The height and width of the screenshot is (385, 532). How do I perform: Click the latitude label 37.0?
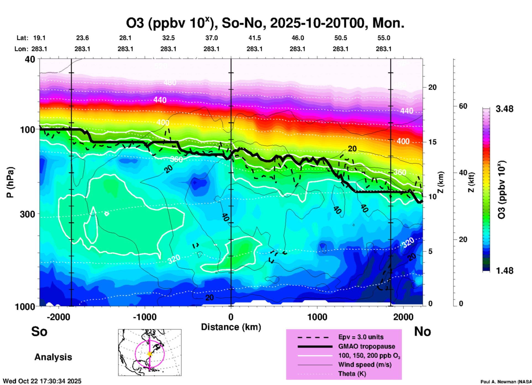click(x=211, y=38)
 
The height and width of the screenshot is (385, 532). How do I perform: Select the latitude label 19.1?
click(x=39, y=38)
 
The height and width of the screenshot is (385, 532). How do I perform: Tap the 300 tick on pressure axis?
click(x=28, y=214)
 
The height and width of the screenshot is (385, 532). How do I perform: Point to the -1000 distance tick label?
click(x=144, y=317)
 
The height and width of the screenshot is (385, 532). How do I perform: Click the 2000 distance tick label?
click(x=403, y=317)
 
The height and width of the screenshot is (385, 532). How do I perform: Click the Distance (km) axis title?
click(x=231, y=327)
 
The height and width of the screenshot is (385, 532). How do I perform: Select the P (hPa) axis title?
click(x=10, y=182)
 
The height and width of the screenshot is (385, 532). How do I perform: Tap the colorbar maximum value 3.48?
click(x=504, y=109)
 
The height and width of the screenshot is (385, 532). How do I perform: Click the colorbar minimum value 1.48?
click(x=504, y=271)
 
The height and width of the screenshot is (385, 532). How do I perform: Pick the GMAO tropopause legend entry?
click(x=367, y=346)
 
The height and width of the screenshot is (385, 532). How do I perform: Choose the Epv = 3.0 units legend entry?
click(x=361, y=337)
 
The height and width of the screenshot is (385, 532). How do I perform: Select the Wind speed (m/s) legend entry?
click(x=365, y=365)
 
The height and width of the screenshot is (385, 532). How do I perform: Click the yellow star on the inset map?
click(x=150, y=354)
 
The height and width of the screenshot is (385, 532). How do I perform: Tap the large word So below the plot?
click(x=39, y=331)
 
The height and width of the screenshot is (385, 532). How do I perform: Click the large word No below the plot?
click(x=422, y=331)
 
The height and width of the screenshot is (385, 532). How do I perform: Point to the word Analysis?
click(x=53, y=357)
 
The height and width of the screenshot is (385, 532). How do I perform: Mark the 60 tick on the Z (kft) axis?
click(x=463, y=106)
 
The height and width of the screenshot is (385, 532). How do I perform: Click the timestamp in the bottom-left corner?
click(x=42, y=381)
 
